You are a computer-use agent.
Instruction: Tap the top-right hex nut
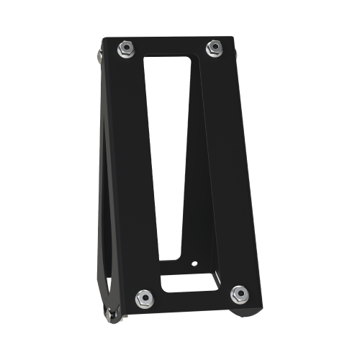coord(213,48)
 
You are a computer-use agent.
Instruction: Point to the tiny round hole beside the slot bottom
coord(194,263)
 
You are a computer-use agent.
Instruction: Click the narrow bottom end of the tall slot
coord(169,252)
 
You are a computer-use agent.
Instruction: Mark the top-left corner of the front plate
coord(104,40)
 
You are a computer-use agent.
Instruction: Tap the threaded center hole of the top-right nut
coord(213,48)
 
